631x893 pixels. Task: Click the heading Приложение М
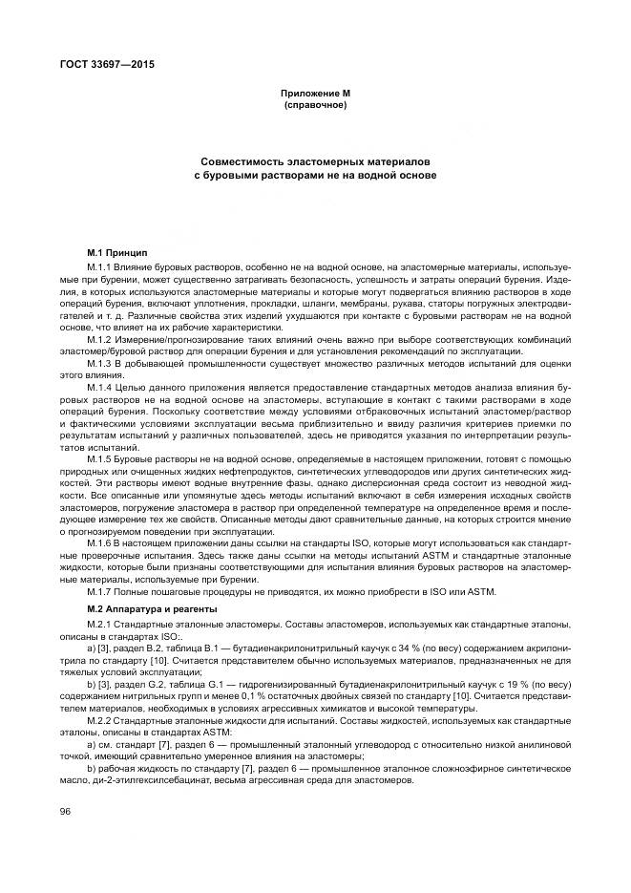315,94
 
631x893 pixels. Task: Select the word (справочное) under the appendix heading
315,104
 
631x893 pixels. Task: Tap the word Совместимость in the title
243,162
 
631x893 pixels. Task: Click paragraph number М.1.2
101,341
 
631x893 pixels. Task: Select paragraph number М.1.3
101,364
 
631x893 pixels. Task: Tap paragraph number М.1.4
101,386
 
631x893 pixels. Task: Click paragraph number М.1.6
101,542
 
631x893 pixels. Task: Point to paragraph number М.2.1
101,623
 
